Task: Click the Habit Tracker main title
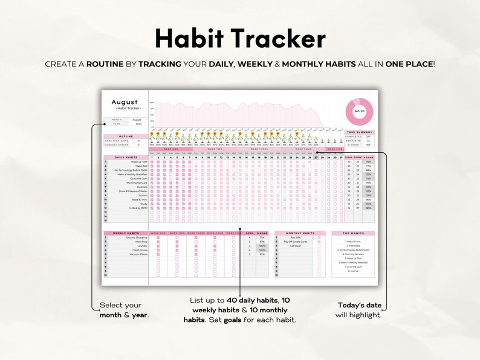(x=240, y=39)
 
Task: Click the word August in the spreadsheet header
(x=125, y=102)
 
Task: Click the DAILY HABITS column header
(x=125, y=157)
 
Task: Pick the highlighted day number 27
(x=316, y=157)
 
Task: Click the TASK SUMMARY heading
(x=360, y=132)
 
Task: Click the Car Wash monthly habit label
(x=296, y=246)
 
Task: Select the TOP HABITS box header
(x=352, y=233)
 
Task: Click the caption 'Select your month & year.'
(x=123, y=310)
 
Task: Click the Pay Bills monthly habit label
(x=296, y=237)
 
